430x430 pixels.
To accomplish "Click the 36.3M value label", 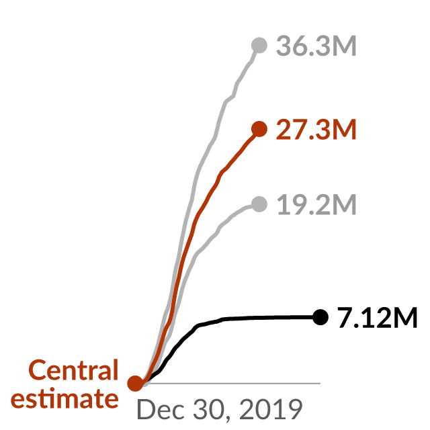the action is [316, 46].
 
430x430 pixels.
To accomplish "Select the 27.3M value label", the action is [316, 130].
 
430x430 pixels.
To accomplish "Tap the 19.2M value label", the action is [316, 204].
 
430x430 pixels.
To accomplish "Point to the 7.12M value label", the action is [378, 318].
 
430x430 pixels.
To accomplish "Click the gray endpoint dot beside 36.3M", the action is [259, 45].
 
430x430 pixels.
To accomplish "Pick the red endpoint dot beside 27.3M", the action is [259, 128].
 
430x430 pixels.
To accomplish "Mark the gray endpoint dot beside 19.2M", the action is [259, 204].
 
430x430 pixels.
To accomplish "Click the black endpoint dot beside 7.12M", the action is [320, 317].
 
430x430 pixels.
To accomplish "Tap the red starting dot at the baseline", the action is [136, 383].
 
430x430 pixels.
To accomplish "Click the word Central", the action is [73, 370].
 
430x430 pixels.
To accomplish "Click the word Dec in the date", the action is [161, 409].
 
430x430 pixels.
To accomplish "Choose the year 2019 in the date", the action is [271, 409].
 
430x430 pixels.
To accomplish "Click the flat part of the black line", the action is [269, 318].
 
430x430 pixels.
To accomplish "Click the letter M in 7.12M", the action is [404, 318].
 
